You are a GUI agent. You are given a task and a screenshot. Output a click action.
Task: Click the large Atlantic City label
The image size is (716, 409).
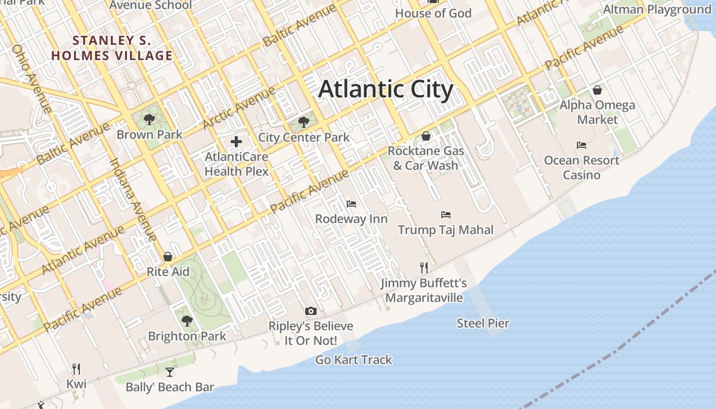coord(386,89)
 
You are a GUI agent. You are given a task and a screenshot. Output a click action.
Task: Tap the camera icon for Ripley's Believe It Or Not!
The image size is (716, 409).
coord(310,311)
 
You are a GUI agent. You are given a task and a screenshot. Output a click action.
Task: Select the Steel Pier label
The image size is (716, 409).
coord(483,323)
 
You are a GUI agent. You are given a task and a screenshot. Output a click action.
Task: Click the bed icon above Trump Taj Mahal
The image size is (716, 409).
coord(446,215)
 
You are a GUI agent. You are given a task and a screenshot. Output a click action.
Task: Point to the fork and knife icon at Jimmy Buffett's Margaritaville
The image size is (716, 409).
coord(424,267)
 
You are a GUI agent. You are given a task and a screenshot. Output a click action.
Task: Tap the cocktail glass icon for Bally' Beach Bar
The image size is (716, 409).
coord(170,372)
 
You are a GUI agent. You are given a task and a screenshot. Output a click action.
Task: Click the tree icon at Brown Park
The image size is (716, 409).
coord(149,120)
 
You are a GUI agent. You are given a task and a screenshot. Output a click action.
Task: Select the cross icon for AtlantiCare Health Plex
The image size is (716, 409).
coord(236,142)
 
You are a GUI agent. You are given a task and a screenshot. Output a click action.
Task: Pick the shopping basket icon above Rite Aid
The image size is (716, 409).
coord(168,257)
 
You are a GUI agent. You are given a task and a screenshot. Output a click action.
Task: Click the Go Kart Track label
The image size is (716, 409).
coord(353,360)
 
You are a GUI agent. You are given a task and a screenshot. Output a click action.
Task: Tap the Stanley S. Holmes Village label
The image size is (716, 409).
coord(112,48)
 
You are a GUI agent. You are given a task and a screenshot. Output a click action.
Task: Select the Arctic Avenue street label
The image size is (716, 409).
coord(239,108)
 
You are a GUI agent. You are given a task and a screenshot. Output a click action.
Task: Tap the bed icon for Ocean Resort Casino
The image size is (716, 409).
coord(581,145)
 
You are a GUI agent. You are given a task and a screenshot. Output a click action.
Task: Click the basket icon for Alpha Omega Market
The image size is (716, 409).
coord(597,90)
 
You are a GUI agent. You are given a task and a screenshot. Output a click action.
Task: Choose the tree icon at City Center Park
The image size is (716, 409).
coord(304,122)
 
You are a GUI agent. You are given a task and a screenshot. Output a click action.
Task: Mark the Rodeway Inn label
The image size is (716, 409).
coord(351,219)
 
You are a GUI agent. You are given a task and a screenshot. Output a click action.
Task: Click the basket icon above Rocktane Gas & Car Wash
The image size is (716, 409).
coord(426,136)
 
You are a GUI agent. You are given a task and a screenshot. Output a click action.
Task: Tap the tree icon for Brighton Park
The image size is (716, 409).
coord(187,321)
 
